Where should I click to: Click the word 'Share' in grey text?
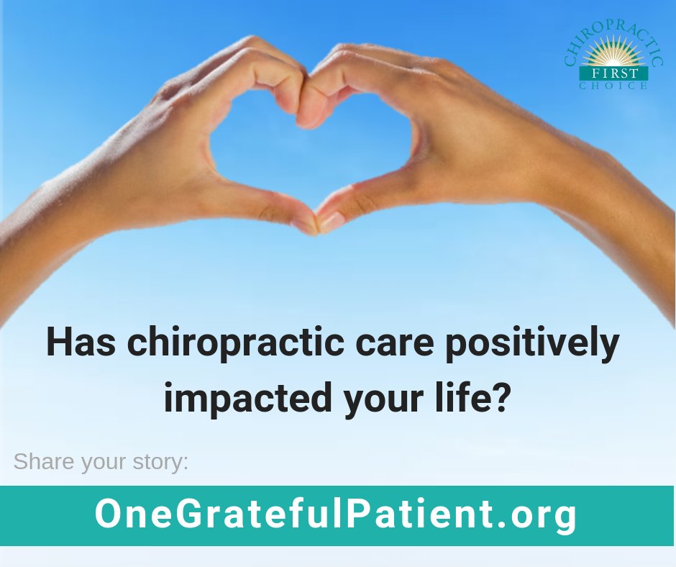44,461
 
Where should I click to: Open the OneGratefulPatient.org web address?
336,515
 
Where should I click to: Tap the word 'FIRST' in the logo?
613,73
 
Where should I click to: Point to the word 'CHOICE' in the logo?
613,86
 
